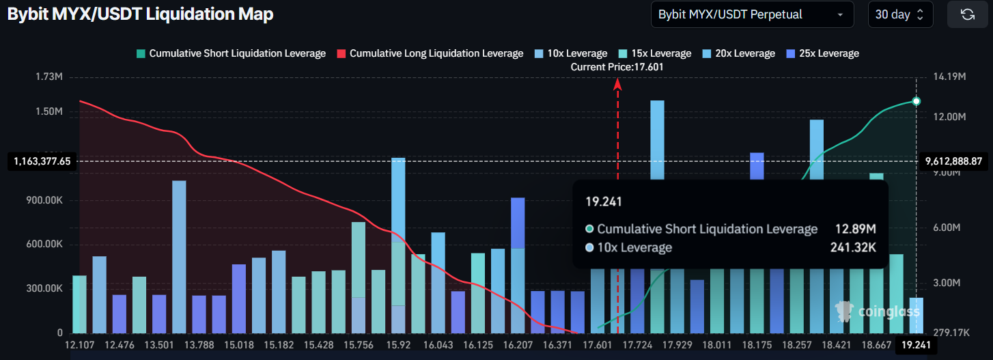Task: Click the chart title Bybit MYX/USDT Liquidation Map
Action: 141,14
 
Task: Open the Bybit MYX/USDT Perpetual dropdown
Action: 752,14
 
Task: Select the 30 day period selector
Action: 900,14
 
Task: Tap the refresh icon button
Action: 967,14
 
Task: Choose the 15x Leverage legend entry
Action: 655,53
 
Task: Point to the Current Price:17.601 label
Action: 617,67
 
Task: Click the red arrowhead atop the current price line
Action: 618,84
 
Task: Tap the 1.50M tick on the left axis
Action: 49,111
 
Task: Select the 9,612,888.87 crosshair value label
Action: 953,162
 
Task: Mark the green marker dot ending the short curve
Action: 917,101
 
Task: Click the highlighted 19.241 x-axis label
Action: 916,346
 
